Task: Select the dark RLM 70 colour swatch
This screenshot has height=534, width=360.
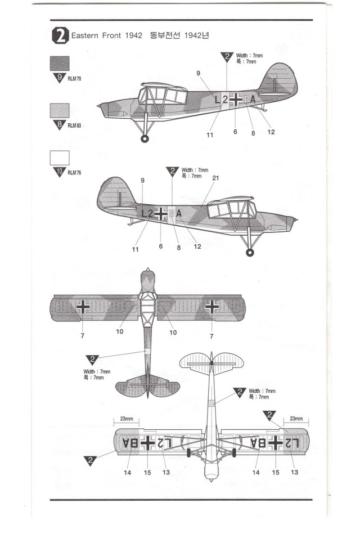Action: click(x=60, y=63)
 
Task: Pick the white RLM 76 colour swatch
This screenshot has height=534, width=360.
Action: click(x=60, y=157)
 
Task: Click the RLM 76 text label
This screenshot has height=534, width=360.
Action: click(x=74, y=172)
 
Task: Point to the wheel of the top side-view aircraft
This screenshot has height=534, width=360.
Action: click(x=145, y=137)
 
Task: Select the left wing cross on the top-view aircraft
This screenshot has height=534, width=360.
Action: click(x=83, y=306)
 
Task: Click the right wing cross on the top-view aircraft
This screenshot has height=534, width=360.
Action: click(x=212, y=306)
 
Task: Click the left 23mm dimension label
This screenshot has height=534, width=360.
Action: click(x=127, y=419)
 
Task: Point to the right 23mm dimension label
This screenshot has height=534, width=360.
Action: click(x=296, y=419)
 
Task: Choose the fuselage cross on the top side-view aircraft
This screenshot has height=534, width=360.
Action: click(x=237, y=100)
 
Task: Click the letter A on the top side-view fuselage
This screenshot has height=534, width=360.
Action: click(x=253, y=100)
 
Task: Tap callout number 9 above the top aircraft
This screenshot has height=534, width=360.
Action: click(x=199, y=73)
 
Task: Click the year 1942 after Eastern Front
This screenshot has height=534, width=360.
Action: click(x=128, y=37)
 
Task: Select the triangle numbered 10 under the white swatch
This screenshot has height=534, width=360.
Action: click(x=60, y=172)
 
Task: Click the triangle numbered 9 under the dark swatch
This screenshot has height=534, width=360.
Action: click(x=60, y=78)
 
